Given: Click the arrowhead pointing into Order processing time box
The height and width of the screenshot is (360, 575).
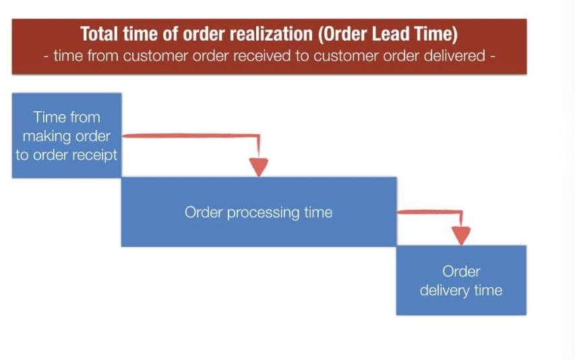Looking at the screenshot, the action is click(259, 167).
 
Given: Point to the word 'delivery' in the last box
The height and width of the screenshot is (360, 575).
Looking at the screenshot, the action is click(445, 291).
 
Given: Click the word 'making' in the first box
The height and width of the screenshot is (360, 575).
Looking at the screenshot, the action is click(46, 136).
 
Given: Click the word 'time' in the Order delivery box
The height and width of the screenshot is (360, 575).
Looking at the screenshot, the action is click(488, 291).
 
